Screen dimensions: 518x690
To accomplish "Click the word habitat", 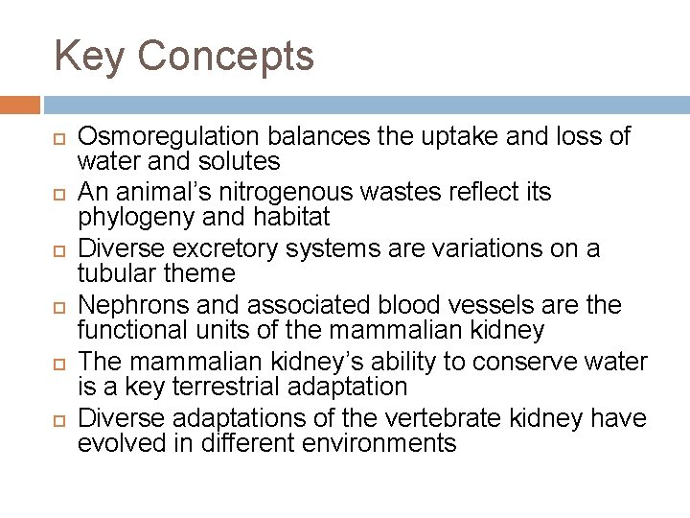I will [296, 217].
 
